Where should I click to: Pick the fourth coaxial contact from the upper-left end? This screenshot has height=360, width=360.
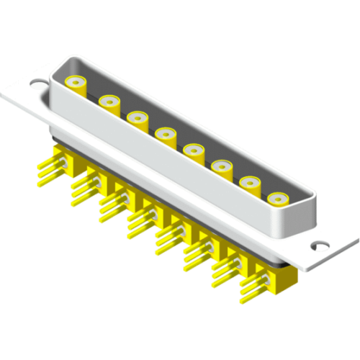166,133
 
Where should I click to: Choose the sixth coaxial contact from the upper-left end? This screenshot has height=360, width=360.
221,167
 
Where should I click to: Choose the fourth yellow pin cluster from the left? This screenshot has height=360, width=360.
140,221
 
